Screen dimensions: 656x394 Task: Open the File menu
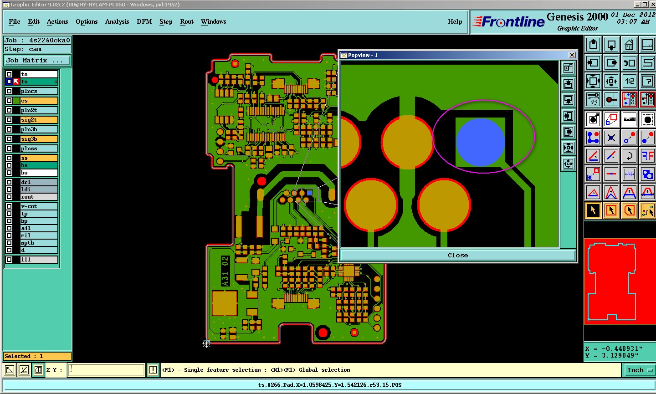pos(15,22)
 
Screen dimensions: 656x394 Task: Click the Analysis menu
pos(117,22)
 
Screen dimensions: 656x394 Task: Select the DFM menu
pos(144,22)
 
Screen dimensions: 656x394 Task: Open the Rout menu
pos(187,22)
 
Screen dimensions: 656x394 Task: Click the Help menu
pos(455,22)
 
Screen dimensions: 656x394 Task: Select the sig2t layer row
pos(39,120)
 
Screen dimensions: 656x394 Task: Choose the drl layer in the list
pos(39,182)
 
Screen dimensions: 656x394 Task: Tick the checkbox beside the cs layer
pos(9,101)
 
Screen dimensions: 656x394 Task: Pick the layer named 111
pos(39,259)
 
